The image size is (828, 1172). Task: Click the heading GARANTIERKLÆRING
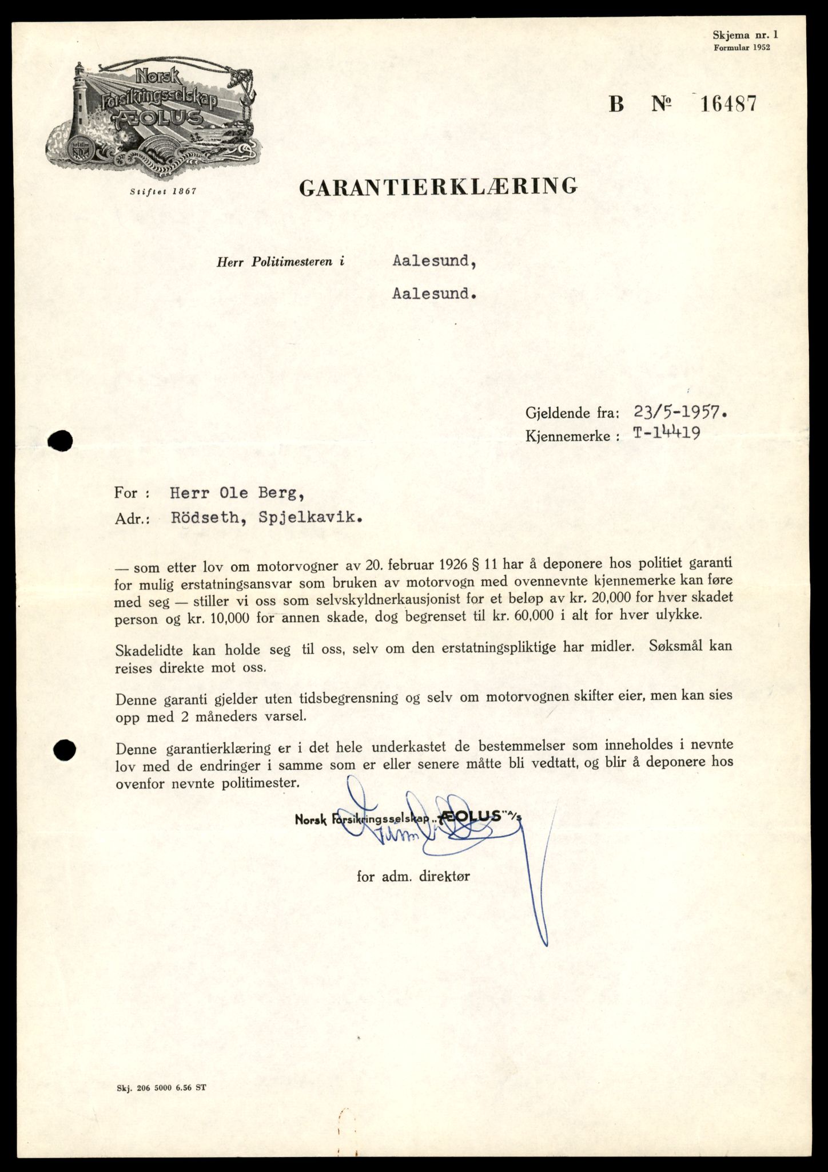point(438,187)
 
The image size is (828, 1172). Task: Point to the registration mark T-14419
point(666,434)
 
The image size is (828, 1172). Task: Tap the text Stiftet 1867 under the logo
point(163,192)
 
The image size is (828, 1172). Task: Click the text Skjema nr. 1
point(745,35)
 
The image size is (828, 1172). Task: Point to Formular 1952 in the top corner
point(742,48)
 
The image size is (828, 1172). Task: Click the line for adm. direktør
point(413,876)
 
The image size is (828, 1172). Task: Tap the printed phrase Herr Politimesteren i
point(281,263)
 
